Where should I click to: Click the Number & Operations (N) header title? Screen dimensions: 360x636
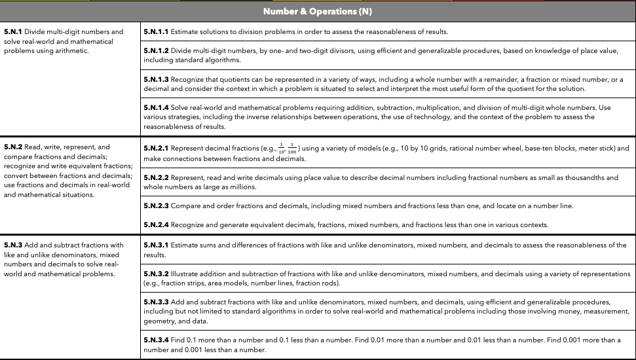[x=318, y=12]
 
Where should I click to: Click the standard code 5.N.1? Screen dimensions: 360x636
[x=13, y=31]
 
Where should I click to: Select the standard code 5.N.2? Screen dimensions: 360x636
[x=13, y=147]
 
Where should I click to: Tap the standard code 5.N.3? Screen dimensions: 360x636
[x=13, y=245]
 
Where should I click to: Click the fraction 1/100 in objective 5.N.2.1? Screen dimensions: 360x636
[x=293, y=149]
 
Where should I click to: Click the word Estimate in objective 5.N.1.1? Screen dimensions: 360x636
[x=185, y=31]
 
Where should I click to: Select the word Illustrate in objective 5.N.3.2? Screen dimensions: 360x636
[x=186, y=274]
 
